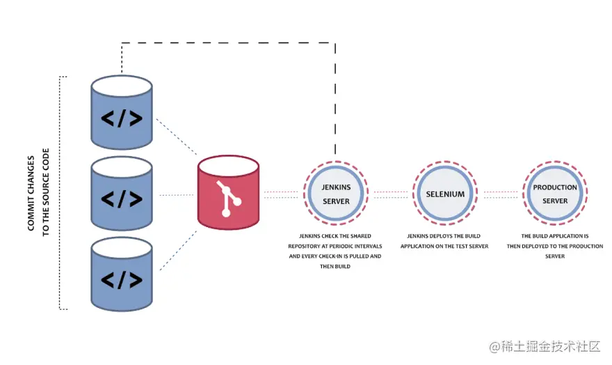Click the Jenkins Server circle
(x=336, y=194)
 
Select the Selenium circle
(x=445, y=194)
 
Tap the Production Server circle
(x=555, y=194)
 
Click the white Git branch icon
(x=228, y=199)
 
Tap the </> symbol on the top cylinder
(x=122, y=118)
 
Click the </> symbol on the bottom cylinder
(x=122, y=279)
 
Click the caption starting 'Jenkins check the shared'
(x=335, y=251)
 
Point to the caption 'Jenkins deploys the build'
(x=444, y=241)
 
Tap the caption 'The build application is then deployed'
(x=555, y=246)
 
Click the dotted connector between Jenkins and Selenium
(x=391, y=194)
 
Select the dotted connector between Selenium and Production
(x=500, y=194)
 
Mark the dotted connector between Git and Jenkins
(x=280, y=194)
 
